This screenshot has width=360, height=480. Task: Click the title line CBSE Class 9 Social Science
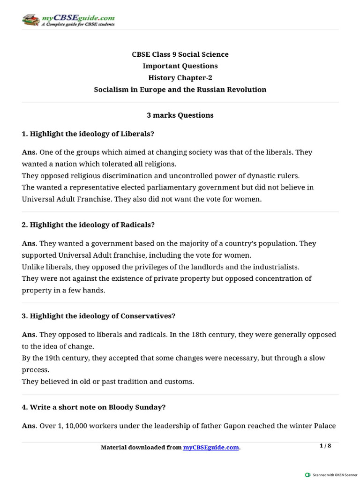(x=180, y=54)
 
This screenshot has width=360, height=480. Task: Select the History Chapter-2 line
(x=180, y=78)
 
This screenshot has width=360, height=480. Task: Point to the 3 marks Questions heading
(x=180, y=115)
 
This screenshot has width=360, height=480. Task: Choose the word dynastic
(x=262, y=176)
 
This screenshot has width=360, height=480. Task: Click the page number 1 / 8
(x=325, y=446)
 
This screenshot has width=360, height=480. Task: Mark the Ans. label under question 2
(x=30, y=244)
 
